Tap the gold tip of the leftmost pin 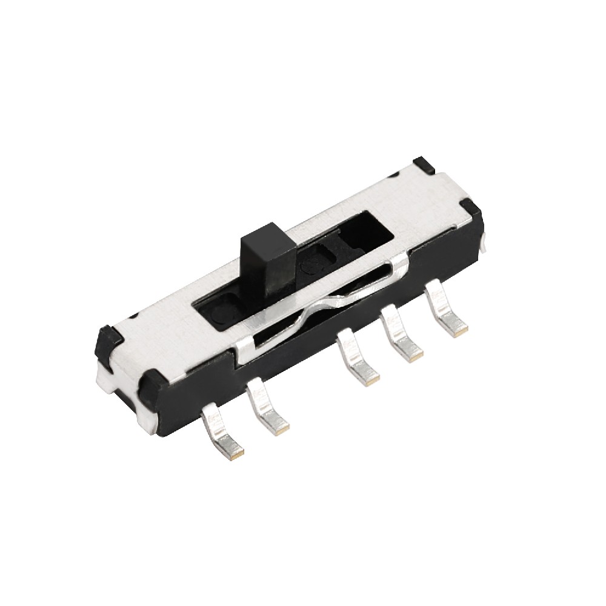point(238,451)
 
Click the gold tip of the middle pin point(371,381)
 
